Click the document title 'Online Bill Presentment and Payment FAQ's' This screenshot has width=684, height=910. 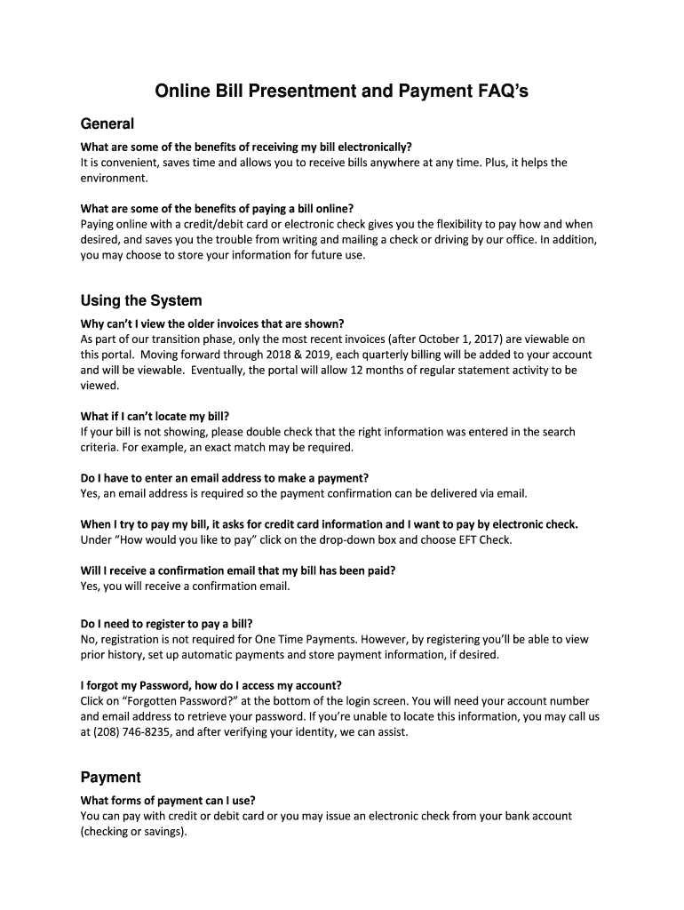click(x=342, y=91)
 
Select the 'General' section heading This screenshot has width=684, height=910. click(x=107, y=124)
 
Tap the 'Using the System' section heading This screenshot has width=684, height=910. click(x=141, y=300)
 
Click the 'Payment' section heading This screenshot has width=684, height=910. click(x=110, y=777)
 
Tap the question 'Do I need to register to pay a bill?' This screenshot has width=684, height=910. click(x=172, y=623)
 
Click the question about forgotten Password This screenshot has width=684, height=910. click(x=211, y=685)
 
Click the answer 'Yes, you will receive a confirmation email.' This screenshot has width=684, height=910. click(x=185, y=587)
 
